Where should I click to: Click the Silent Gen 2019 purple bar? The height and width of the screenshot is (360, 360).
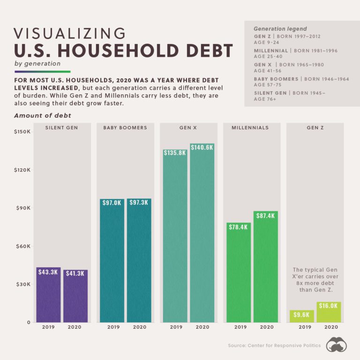click(x=49, y=295)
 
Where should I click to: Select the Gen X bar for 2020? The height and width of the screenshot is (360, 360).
click(x=202, y=234)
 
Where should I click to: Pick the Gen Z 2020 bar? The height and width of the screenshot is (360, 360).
click(x=328, y=313)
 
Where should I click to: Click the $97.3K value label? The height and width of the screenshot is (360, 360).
click(x=139, y=202)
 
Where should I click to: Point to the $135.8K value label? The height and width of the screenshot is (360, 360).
click(x=175, y=153)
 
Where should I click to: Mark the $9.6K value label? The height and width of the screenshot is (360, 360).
click(x=301, y=315)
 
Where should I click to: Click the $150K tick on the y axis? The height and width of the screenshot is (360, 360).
click(x=22, y=132)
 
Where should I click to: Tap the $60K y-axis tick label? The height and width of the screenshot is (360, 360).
click(x=22, y=246)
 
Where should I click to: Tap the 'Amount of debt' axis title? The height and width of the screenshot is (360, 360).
click(x=42, y=115)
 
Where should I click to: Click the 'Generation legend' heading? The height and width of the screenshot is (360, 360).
click(x=279, y=29)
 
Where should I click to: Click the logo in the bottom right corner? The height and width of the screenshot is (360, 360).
click(x=337, y=345)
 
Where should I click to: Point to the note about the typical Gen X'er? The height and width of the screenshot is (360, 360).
click(x=315, y=280)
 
